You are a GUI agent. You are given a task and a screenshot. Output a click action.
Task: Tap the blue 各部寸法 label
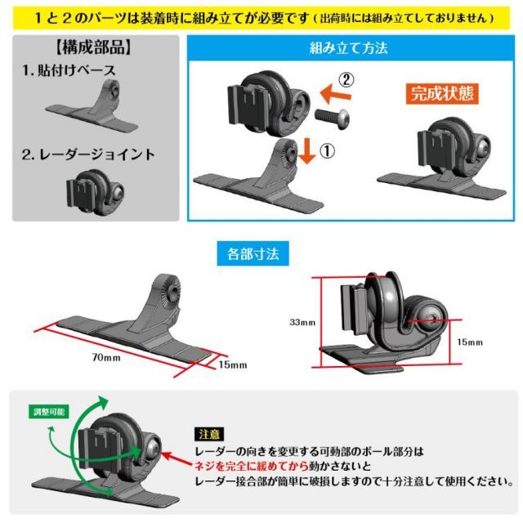pyautogui.click(x=250, y=253)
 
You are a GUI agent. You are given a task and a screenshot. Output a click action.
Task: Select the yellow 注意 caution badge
pyautogui.click(x=206, y=435)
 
